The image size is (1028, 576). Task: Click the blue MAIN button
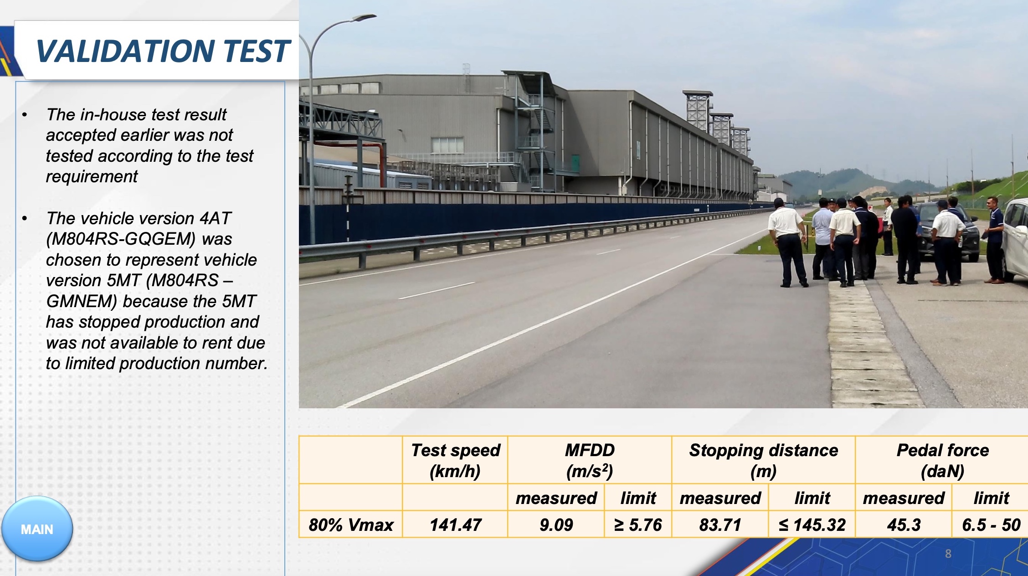[x=37, y=529]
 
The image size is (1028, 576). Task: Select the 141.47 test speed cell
[x=455, y=525]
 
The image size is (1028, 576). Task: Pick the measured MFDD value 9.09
[x=556, y=525]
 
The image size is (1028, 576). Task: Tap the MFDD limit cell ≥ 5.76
[x=638, y=525]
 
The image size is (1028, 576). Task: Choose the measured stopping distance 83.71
[x=720, y=525]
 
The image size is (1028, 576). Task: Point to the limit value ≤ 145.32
[x=812, y=525]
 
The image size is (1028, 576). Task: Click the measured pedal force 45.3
[x=904, y=525]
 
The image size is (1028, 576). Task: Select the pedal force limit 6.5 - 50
[x=991, y=525]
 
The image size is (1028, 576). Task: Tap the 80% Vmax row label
[x=351, y=525]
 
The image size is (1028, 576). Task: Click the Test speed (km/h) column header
[x=455, y=460]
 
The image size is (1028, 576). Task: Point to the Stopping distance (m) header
[x=764, y=460]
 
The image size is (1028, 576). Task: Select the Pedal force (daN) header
[x=942, y=460]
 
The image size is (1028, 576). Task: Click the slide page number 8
[x=948, y=554]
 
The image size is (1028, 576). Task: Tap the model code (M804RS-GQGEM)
[x=121, y=239]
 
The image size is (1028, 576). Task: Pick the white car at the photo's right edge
[x=1015, y=239]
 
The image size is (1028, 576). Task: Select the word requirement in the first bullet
[x=92, y=177]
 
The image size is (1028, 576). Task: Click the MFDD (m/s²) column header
[x=590, y=460]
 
